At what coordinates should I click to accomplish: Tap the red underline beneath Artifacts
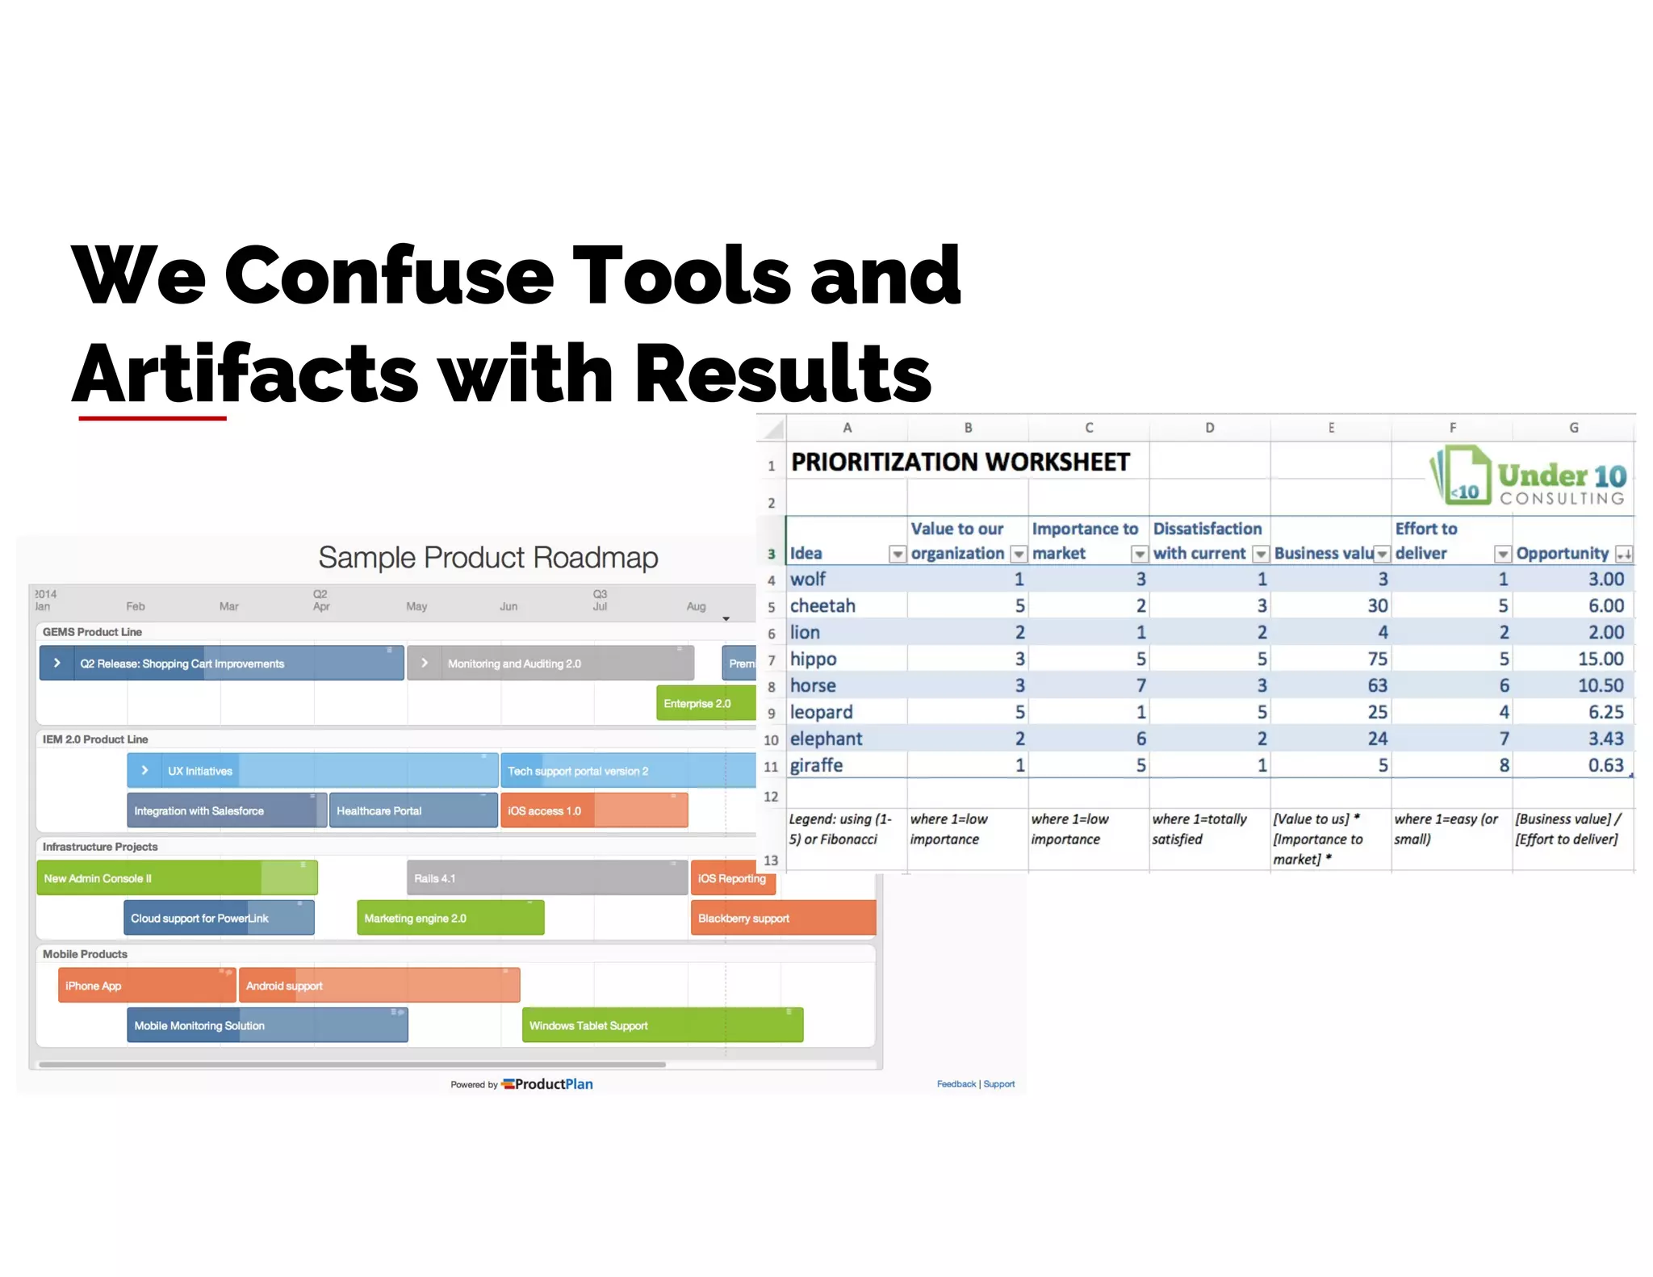[x=152, y=418]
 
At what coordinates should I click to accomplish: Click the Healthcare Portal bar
[x=412, y=810]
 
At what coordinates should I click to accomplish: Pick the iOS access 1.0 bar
[x=593, y=810]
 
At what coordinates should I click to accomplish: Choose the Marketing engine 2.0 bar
[x=450, y=918]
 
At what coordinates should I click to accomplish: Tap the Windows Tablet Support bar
[x=662, y=1025]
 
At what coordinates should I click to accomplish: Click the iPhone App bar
[x=145, y=986]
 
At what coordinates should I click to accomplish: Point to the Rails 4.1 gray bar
[x=546, y=878]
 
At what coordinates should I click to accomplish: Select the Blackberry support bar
[x=781, y=918]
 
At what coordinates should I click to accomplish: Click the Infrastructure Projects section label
[x=100, y=847]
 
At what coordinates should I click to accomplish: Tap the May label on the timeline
[x=416, y=606]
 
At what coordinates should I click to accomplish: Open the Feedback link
[x=956, y=1084]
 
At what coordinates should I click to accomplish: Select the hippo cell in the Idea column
[x=814, y=659]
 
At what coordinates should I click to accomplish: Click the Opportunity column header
[x=1562, y=553]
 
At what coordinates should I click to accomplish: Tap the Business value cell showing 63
[x=1376, y=685]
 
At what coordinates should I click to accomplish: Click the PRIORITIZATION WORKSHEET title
[x=960, y=463]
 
